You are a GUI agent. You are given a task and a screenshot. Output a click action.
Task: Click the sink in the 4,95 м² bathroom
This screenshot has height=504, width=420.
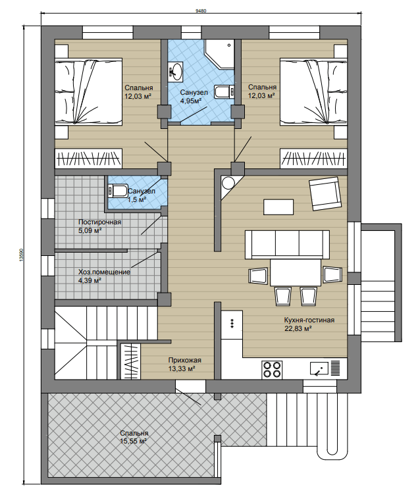pos(176,70)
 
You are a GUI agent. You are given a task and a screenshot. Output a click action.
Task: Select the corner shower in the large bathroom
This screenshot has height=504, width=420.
pos(220,54)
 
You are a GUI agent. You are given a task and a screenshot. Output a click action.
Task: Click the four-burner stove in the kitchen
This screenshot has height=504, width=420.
pos(272,369)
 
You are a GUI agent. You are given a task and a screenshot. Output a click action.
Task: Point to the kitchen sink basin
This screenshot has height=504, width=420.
pos(319,368)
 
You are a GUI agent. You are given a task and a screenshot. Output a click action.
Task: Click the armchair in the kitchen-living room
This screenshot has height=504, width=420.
pos(325,193)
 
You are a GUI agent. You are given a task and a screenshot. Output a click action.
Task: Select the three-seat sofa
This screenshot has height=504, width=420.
pos(287,244)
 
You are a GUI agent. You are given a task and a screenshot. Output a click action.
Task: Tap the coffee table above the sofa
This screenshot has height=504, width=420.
pos(278,207)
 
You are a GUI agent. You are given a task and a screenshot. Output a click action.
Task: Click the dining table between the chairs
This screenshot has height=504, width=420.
pos(296,272)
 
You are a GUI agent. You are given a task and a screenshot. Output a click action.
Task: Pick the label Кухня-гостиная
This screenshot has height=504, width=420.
pos(309,320)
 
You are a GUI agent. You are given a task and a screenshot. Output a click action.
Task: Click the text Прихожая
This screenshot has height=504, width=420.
pos(184,361)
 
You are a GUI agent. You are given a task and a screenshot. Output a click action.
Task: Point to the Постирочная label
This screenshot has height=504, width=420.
pos(99,222)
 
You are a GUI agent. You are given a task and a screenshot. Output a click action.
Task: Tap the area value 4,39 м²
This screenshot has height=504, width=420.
pos(90,280)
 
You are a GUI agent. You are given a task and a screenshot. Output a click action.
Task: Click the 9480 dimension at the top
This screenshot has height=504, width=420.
pos(201,11)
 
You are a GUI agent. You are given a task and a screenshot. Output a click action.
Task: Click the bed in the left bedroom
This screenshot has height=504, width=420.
pos(88,91)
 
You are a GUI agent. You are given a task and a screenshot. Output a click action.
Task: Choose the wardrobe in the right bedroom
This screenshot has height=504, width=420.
pos(314,159)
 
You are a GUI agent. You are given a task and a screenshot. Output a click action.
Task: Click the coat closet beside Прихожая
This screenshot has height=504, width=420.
pos(130,361)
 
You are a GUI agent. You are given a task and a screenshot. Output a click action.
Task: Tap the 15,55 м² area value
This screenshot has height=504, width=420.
pos(134,441)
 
